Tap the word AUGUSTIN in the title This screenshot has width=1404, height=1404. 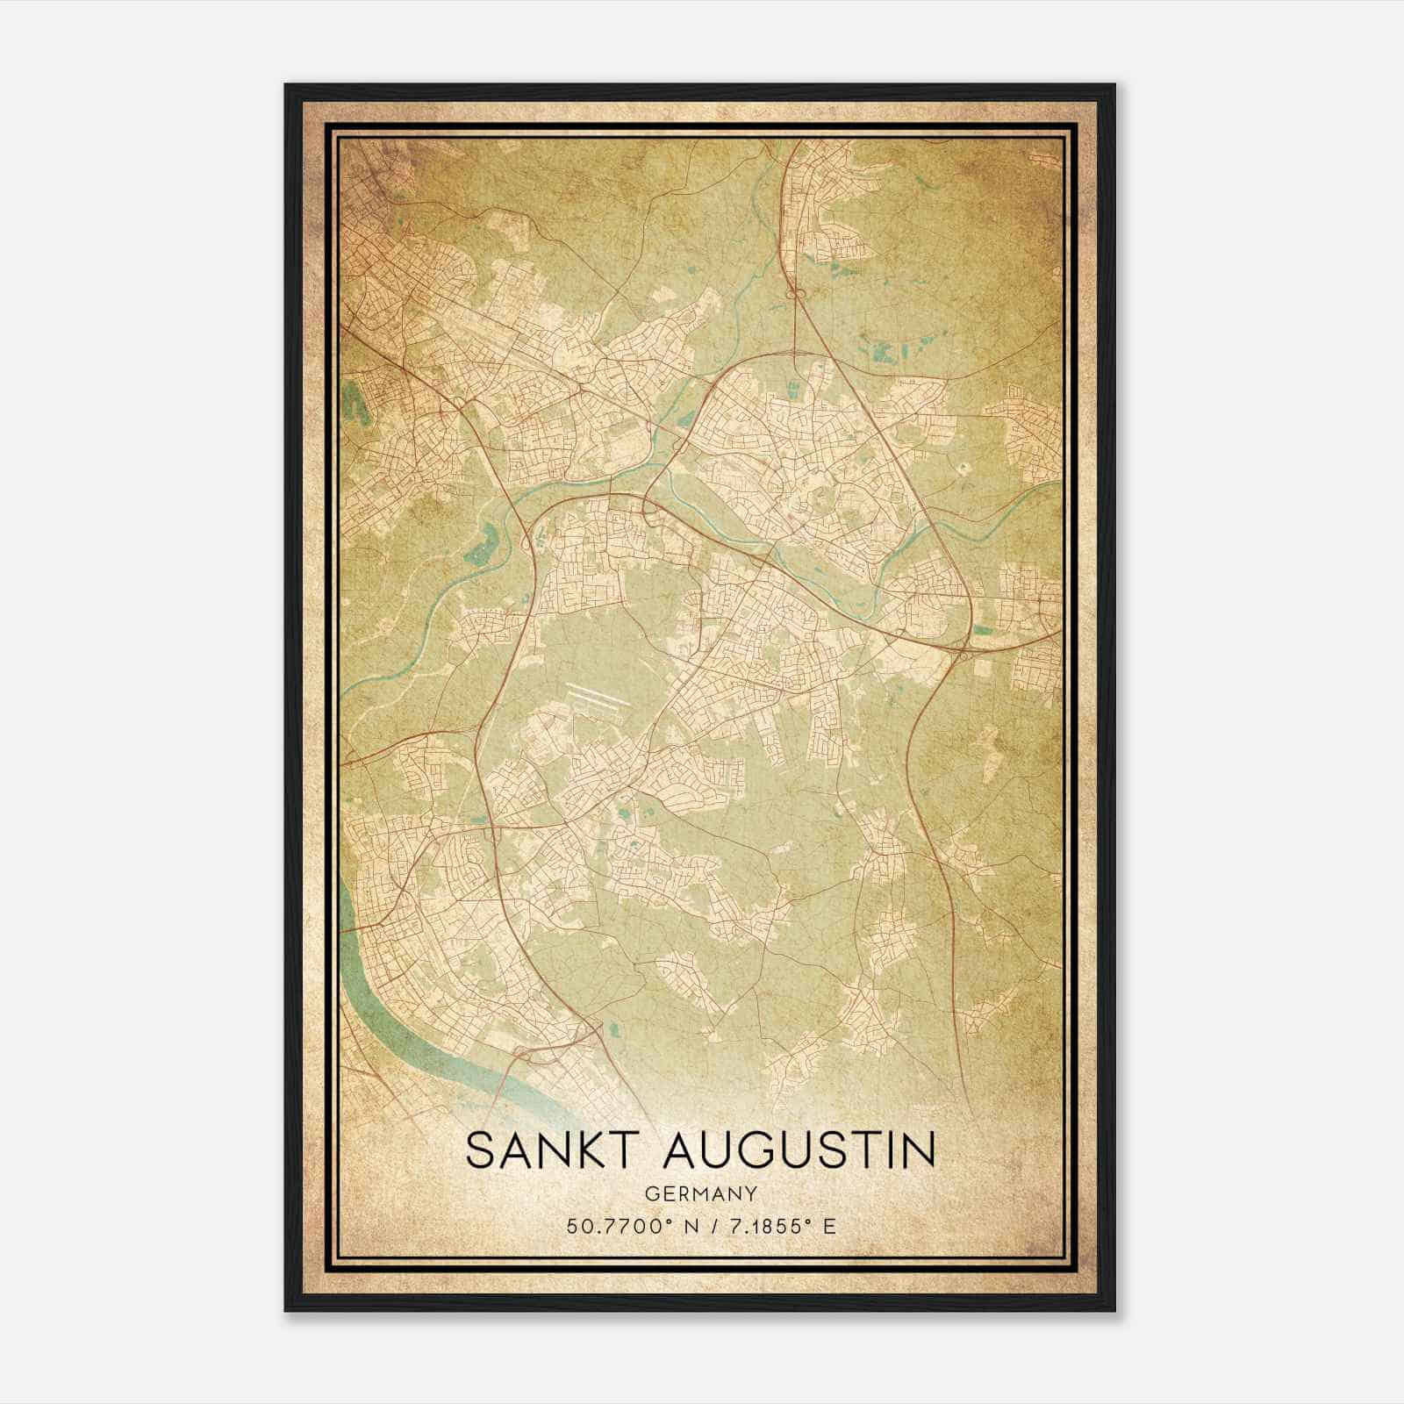pos(802,1150)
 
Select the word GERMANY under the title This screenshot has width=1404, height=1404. pos(700,1193)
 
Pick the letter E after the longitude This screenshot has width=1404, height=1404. pos(828,1225)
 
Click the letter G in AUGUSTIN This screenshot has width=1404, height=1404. pos(772,1150)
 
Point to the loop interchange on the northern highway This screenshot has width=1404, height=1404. pos(799,295)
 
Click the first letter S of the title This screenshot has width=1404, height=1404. pos(479,1150)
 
